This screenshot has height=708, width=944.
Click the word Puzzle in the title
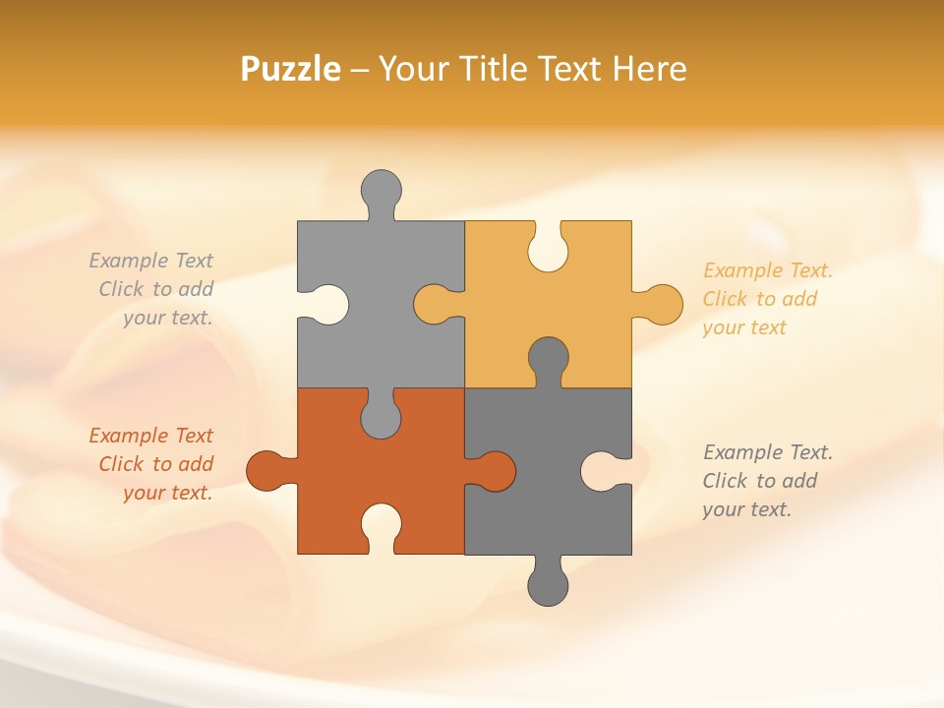point(291,69)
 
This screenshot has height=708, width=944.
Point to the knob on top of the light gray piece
point(382,189)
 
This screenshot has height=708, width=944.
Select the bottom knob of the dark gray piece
point(548,586)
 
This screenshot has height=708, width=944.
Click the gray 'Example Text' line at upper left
point(150,261)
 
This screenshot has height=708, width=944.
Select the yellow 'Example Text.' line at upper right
point(767,270)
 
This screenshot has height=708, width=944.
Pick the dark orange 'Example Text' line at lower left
point(150,436)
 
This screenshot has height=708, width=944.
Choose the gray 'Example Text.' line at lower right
point(767,452)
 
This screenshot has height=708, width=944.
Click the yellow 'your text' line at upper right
point(744,327)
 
